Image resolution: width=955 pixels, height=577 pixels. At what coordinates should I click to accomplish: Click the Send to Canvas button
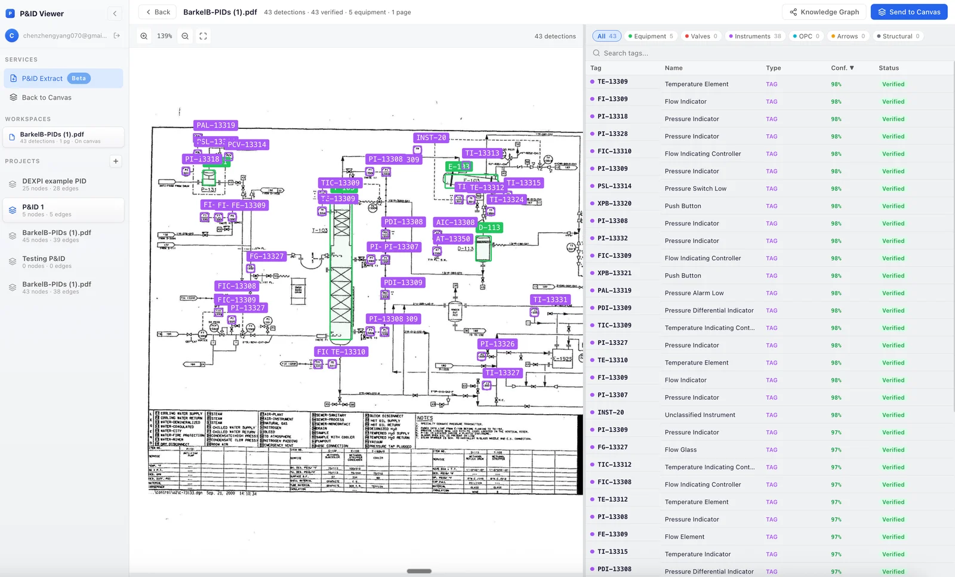(x=908, y=12)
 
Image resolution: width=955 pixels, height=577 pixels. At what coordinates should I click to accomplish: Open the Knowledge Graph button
(x=824, y=12)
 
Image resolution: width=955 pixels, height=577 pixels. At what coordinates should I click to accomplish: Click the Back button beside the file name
(x=158, y=12)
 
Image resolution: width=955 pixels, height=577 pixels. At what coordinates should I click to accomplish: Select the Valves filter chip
(x=701, y=36)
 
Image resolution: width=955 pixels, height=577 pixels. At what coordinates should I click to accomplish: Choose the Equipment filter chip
(x=650, y=36)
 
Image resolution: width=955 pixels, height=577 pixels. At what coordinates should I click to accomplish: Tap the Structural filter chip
(x=897, y=36)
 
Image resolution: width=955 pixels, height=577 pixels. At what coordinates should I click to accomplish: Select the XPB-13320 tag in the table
(x=614, y=203)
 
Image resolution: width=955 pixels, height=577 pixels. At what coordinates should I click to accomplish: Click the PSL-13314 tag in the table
(x=614, y=186)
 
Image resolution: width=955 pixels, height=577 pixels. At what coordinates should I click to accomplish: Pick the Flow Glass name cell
(x=680, y=450)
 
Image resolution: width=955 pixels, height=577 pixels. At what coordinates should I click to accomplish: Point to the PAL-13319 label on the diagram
(x=216, y=125)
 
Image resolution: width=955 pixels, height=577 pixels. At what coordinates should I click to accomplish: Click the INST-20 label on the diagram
(x=431, y=138)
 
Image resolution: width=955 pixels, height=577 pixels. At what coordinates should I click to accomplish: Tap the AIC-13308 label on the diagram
(x=455, y=223)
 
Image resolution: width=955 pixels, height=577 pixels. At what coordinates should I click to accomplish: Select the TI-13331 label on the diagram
(x=550, y=300)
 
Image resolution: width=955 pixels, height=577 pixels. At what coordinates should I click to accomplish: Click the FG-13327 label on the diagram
(x=267, y=257)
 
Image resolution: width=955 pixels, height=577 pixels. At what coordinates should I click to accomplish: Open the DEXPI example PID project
(x=54, y=181)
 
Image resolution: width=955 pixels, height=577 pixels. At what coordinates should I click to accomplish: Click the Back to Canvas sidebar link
(x=47, y=98)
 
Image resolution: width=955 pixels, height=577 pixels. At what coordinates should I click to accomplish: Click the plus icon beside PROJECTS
(x=116, y=161)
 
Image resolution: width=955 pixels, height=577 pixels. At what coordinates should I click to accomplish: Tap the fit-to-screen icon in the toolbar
(x=203, y=36)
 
